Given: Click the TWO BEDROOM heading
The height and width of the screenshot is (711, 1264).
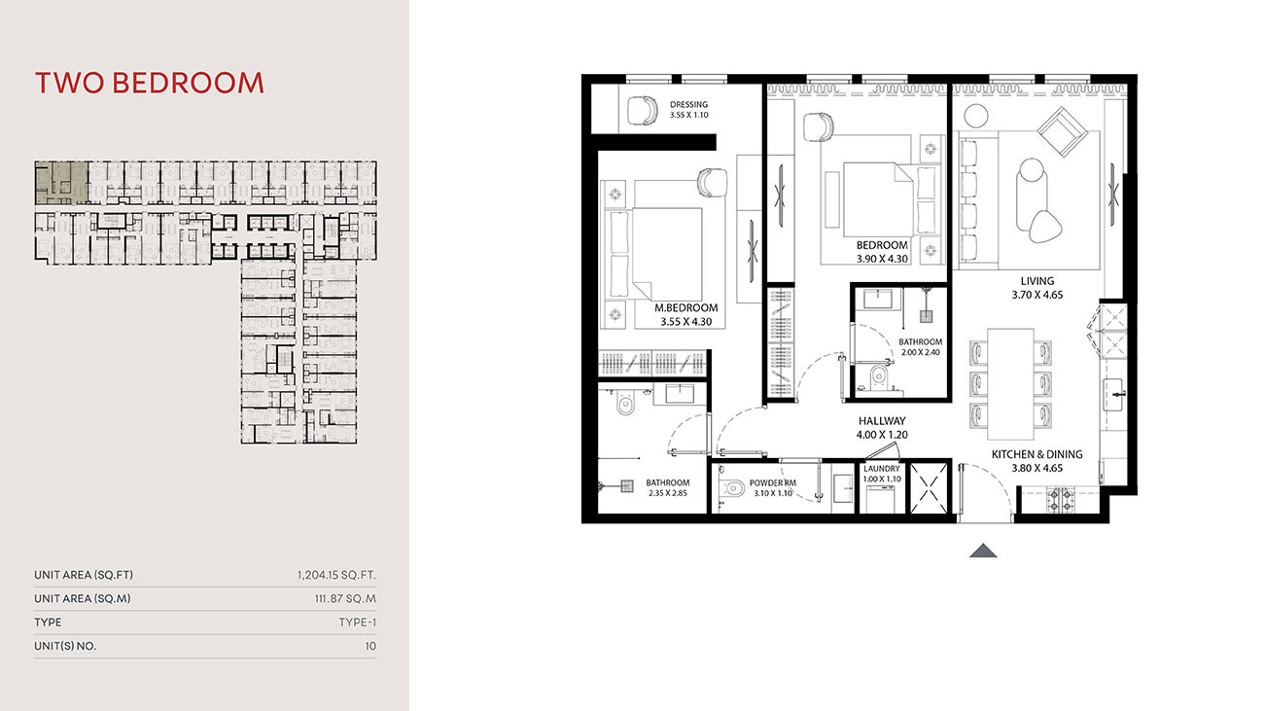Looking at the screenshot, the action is [x=149, y=83].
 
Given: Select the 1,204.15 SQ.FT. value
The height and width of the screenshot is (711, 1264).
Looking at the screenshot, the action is [x=336, y=575].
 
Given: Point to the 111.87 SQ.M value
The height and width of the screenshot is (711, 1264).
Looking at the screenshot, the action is [x=345, y=599].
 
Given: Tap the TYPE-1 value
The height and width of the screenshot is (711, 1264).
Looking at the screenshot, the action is [x=357, y=622].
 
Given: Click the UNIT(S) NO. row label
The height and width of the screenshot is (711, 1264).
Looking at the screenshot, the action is [x=65, y=646].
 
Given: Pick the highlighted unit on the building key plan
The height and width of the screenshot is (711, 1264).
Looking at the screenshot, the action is [x=61, y=183].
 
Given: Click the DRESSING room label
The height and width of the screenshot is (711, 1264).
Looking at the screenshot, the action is [x=689, y=104].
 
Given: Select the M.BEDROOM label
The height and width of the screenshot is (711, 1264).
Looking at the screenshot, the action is [x=686, y=308].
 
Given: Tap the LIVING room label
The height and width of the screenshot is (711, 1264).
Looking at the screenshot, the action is [x=1037, y=281].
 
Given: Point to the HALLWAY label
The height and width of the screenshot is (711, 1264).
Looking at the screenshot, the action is [x=882, y=421].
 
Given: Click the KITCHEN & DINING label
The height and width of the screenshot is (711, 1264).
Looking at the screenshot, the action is [x=1037, y=454].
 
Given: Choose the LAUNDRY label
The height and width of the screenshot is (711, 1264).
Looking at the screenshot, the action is [x=882, y=469].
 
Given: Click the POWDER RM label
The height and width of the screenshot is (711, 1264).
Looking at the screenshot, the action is [x=773, y=483].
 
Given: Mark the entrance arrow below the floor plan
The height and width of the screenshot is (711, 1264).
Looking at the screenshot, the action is [x=983, y=551].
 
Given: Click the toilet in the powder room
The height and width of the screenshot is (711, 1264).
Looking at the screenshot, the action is [x=732, y=488].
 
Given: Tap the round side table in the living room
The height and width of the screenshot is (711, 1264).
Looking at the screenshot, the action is [x=975, y=116].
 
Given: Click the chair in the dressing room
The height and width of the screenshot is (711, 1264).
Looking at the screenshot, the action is [x=643, y=110].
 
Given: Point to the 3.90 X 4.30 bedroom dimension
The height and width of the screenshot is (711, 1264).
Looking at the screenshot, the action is [x=882, y=259].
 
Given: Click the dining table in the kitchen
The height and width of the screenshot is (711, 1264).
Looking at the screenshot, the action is [x=1010, y=384].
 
